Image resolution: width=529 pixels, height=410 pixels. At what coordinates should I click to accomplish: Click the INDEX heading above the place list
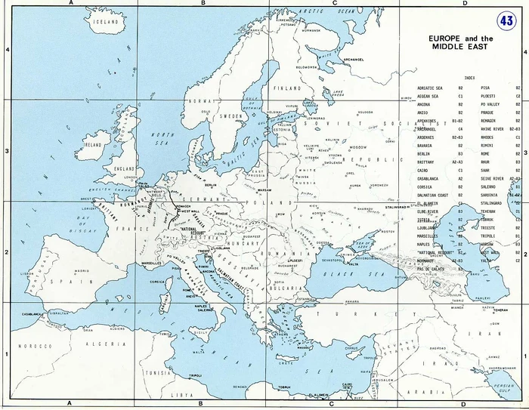pyautogui.click(x=469, y=77)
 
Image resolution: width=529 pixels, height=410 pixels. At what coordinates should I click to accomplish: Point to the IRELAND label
pyautogui.click(x=93, y=143)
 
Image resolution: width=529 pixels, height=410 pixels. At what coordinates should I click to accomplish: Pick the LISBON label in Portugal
pyautogui.click(x=28, y=274)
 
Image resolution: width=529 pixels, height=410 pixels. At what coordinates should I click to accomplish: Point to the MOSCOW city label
pyautogui.click(x=359, y=147)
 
